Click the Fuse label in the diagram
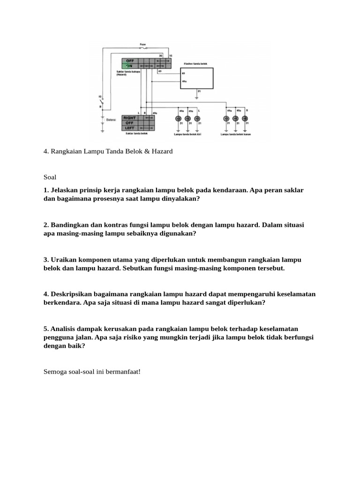pos(142,45)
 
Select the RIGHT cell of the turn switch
pos(130,118)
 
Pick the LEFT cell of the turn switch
pos(129,128)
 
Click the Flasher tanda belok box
pos(196,78)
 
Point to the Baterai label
pos(111,120)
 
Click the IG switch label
pos(100,96)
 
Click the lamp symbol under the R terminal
pos(247,119)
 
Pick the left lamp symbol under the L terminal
pos(178,119)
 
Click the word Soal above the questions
pos(50,177)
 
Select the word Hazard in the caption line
pos(162,151)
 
